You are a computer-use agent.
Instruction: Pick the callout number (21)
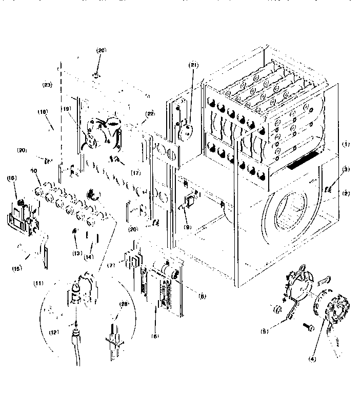(x=193, y=65)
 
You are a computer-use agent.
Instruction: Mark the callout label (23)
(x=48, y=86)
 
